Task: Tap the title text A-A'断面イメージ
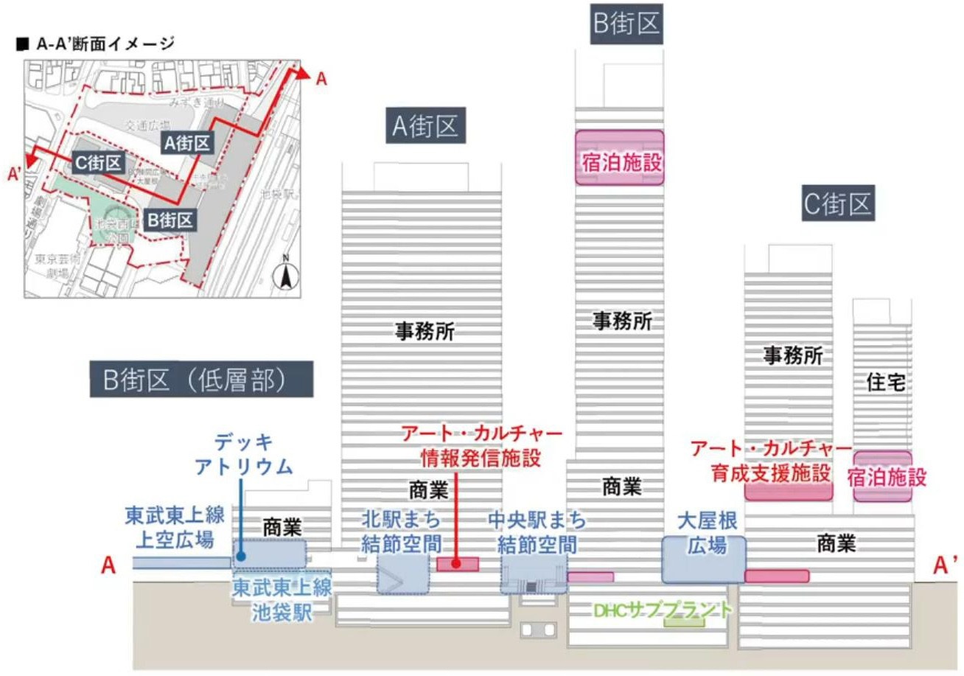95,43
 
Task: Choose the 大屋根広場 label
702,534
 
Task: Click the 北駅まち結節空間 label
402,532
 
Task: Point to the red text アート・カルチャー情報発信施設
481,445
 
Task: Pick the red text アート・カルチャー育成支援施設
771,461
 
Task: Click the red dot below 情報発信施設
456,564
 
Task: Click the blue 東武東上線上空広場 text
174,526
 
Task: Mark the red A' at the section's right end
946,565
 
